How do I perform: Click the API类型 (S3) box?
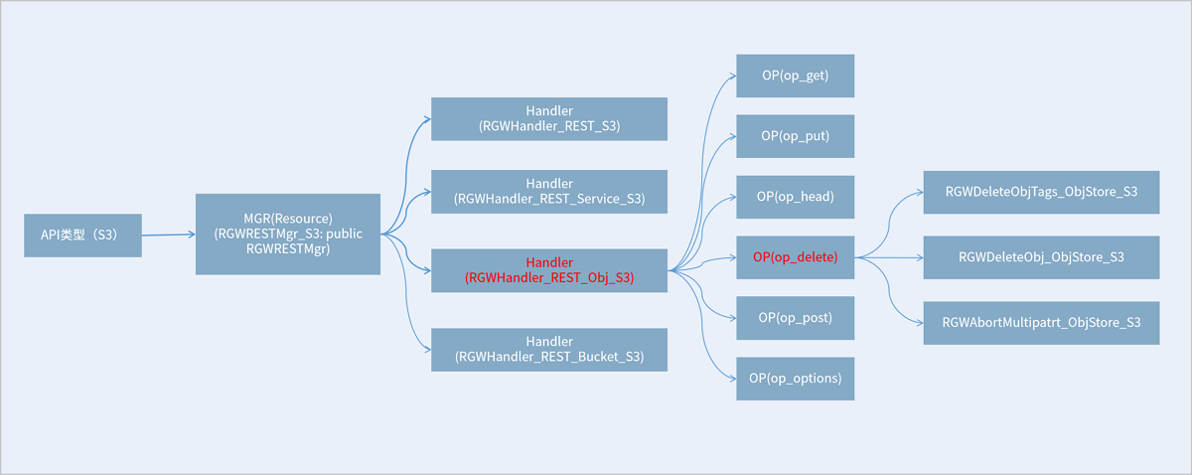(x=82, y=236)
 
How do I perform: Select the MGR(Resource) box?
(x=288, y=235)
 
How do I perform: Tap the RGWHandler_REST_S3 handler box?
(x=549, y=119)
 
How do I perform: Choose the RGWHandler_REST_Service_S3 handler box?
(x=549, y=192)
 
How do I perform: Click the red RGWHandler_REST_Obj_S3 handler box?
(x=549, y=270)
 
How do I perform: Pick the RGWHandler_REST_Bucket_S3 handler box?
(x=549, y=350)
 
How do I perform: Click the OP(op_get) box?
(x=795, y=76)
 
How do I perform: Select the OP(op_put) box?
(x=795, y=136)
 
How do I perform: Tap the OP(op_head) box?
(x=795, y=197)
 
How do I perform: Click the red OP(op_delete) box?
(x=795, y=257)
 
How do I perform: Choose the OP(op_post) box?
(x=795, y=318)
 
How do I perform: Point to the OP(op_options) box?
(x=795, y=379)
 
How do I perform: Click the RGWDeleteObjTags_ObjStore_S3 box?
(x=1041, y=192)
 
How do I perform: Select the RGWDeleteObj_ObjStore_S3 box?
(x=1041, y=257)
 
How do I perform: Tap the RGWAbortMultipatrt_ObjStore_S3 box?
(x=1041, y=323)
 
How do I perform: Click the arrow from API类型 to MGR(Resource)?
(x=169, y=235)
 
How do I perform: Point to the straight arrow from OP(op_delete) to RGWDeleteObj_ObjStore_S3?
(x=889, y=257)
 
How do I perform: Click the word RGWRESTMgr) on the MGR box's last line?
(x=288, y=249)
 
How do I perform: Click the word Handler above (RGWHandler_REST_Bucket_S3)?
(x=549, y=341)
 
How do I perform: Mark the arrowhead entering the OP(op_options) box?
(x=733, y=379)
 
